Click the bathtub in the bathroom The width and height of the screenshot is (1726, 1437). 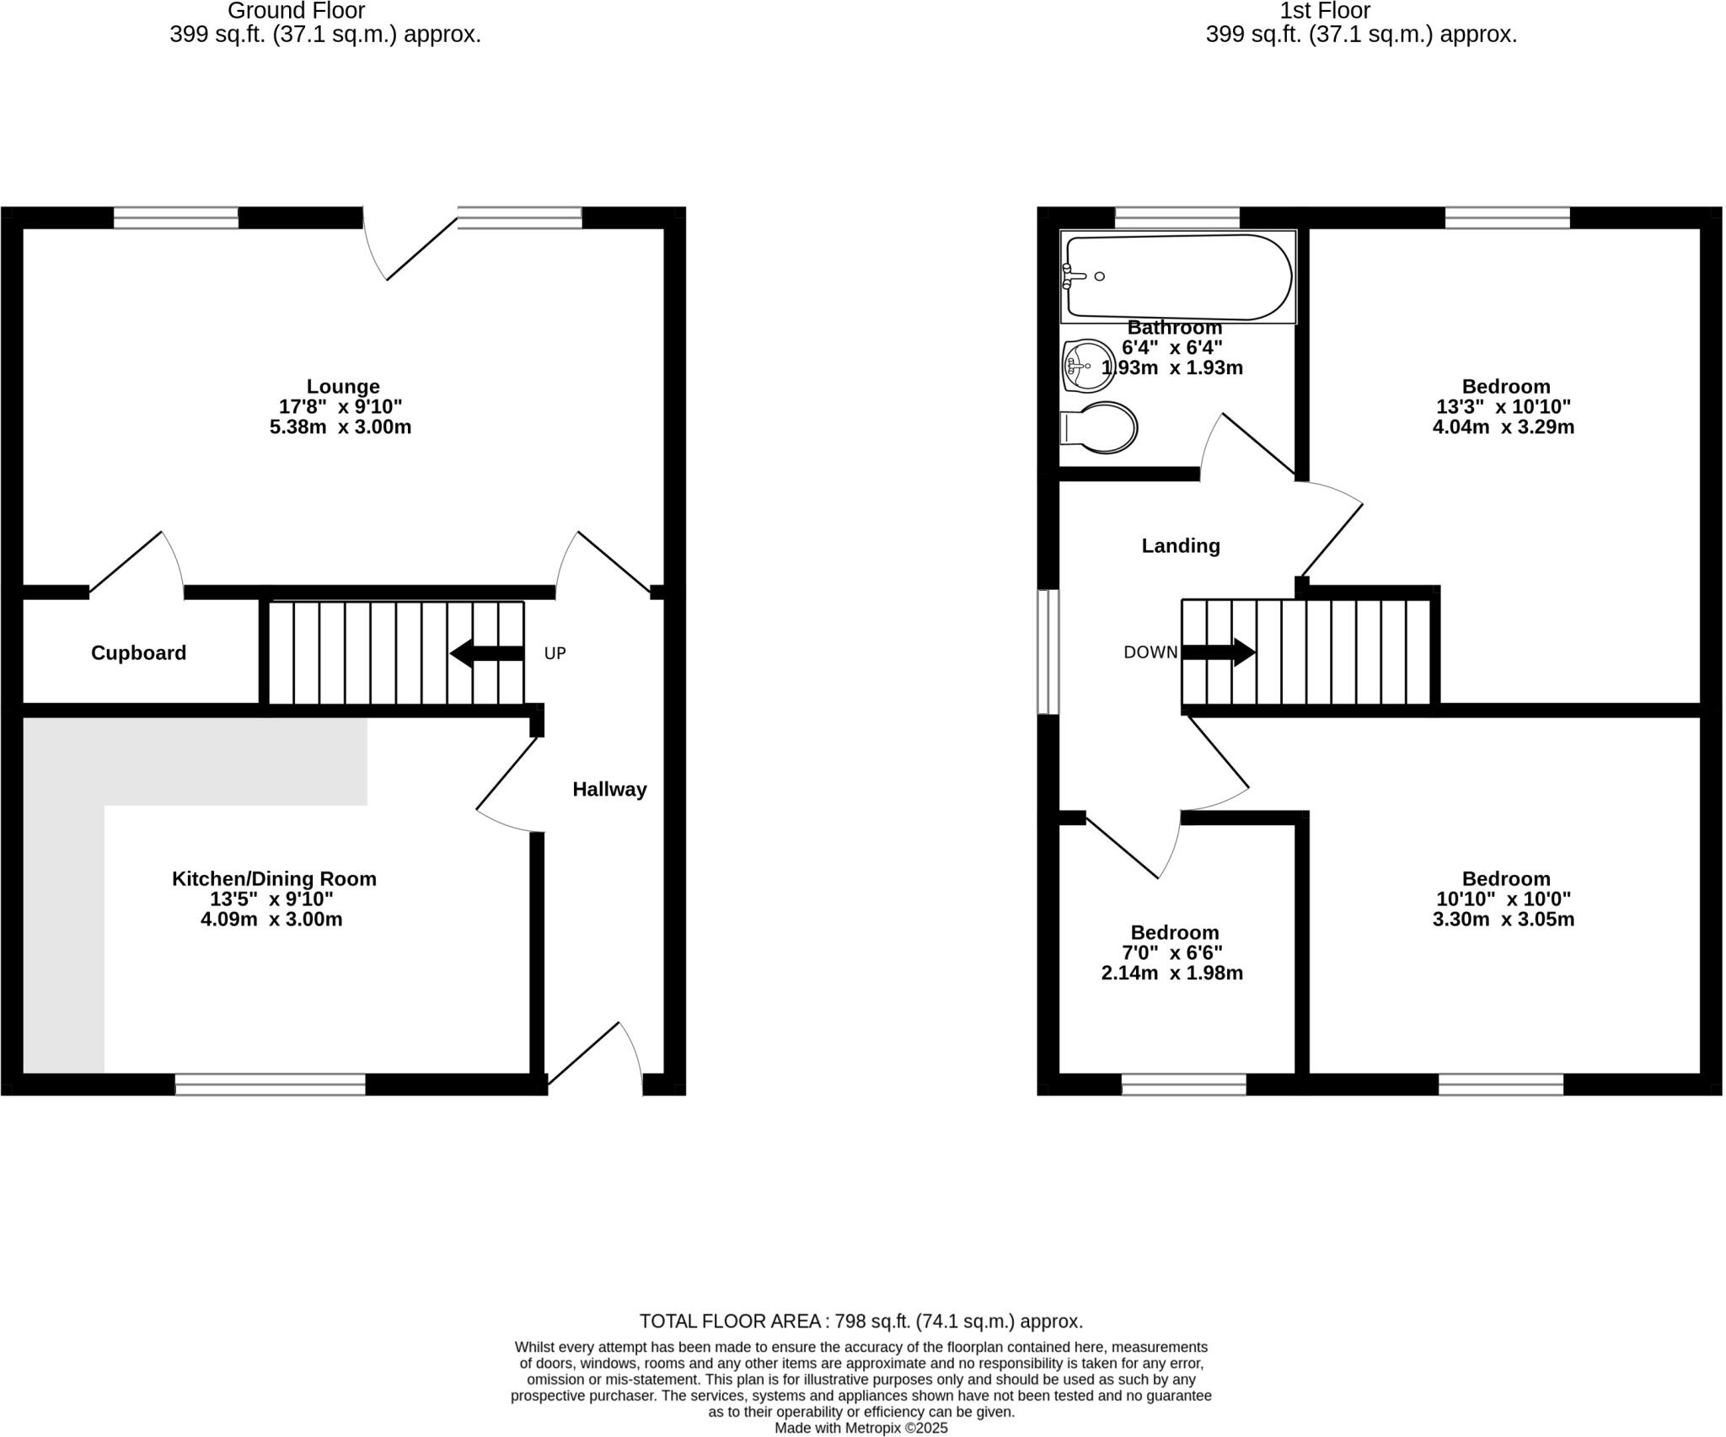[x=1178, y=276]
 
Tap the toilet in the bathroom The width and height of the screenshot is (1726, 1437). [x=1101, y=428]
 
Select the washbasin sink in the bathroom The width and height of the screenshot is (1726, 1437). [x=1088, y=366]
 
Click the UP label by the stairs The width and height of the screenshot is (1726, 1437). [x=555, y=653]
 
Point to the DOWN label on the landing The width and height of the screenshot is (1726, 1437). [x=1150, y=652]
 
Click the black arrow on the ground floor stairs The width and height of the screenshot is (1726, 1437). [x=486, y=653]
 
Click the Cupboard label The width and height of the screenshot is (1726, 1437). [x=138, y=653]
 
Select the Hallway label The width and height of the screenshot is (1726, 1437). [x=609, y=790]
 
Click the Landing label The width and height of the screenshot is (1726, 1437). [x=1180, y=546]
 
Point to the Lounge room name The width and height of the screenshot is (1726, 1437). [x=343, y=387]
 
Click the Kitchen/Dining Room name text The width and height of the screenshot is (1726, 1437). [x=274, y=879]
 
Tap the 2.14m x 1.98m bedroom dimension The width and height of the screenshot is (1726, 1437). [x=1171, y=973]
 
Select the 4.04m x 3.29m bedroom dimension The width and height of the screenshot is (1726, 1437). [x=1503, y=427]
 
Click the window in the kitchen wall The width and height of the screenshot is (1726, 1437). [x=271, y=1084]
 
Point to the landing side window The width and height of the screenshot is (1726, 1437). [x=1048, y=651]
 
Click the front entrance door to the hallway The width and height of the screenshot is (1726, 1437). [x=595, y=1054]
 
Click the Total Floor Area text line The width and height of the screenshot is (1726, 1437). [x=860, y=1321]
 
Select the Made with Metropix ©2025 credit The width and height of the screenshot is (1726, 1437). [x=860, y=1428]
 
